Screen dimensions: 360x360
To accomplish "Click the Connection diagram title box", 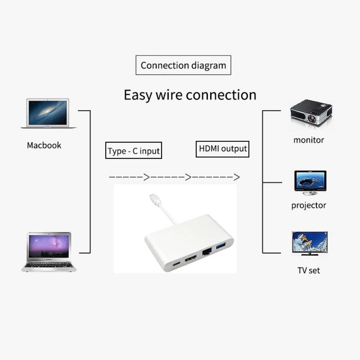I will pyautogui.click(x=183, y=66).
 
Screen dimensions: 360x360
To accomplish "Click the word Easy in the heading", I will pyautogui.click(x=138, y=95).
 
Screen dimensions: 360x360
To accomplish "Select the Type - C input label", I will pyautogui.click(x=134, y=151).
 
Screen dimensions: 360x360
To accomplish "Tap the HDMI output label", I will pyautogui.click(x=223, y=149).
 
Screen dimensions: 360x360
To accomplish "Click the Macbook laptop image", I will pyautogui.click(x=48, y=113).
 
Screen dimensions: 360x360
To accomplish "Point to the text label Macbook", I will pyautogui.click(x=44, y=145).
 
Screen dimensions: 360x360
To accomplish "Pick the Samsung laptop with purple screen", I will pyautogui.click(x=49, y=251).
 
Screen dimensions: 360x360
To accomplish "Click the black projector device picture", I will pyautogui.click(x=311, y=112).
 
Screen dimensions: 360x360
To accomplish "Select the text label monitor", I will pyautogui.click(x=309, y=140).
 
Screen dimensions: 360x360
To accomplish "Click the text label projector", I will pyautogui.click(x=309, y=206).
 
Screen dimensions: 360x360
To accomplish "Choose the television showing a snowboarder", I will pyautogui.click(x=310, y=243).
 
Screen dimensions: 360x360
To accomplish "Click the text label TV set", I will pyautogui.click(x=309, y=270).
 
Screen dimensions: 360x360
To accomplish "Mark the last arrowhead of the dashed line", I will pyautogui.click(x=236, y=177).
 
